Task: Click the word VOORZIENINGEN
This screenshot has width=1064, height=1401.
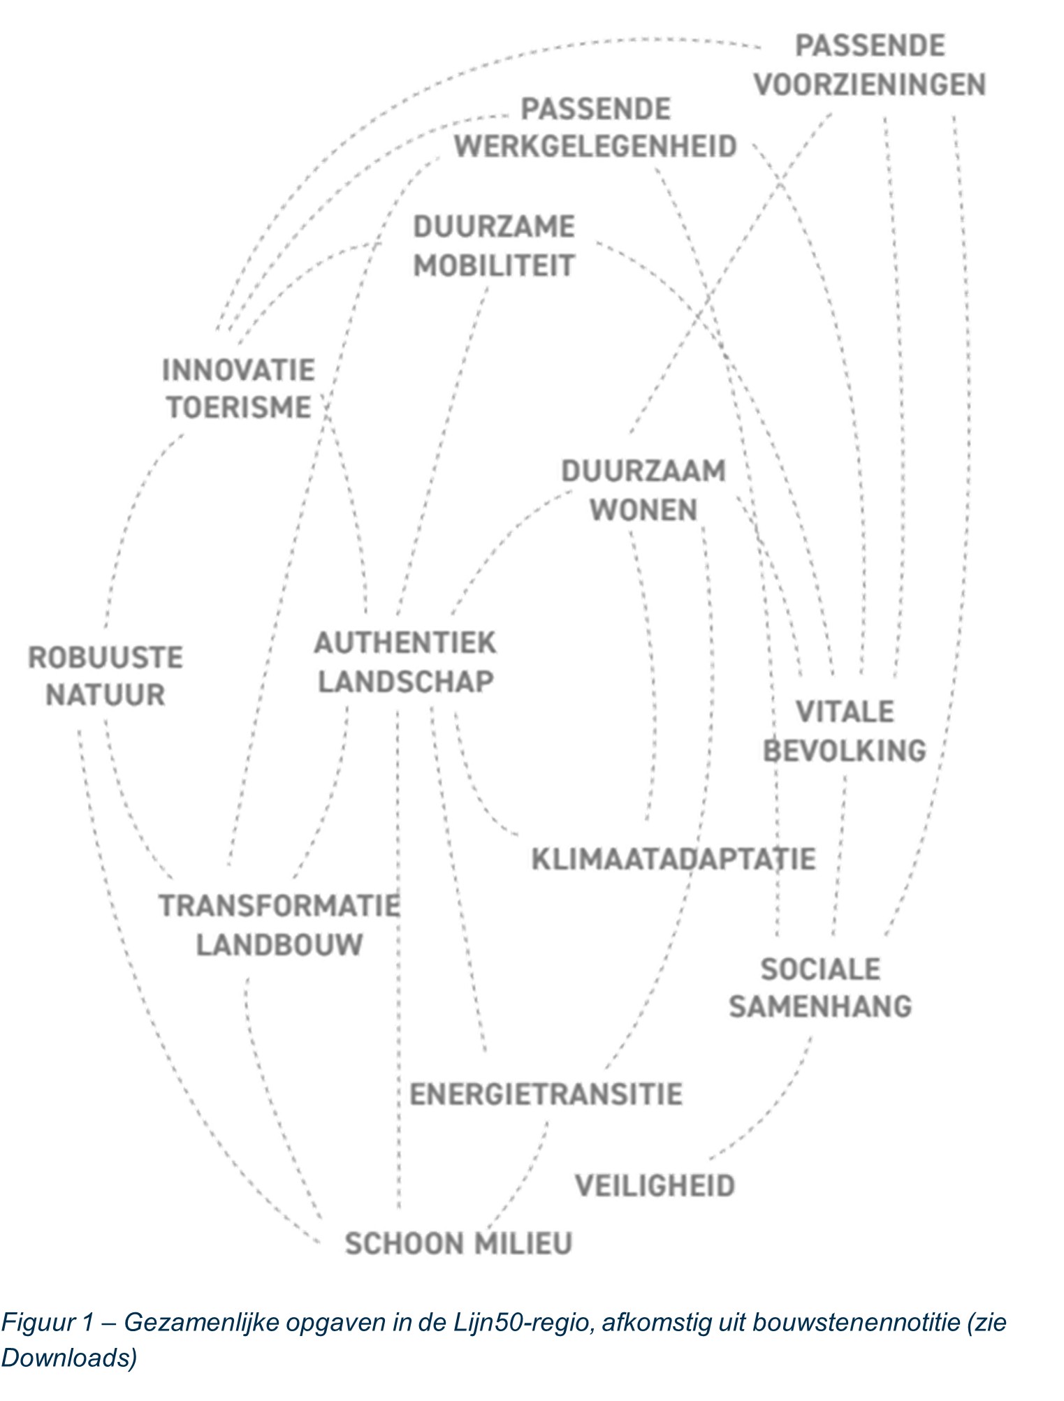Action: [870, 85]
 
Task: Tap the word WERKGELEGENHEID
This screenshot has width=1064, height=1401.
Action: [596, 147]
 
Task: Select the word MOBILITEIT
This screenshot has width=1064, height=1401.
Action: [494, 266]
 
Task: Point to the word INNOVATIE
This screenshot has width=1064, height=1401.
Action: [239, 370]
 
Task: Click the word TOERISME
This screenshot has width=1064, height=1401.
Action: [239, 408]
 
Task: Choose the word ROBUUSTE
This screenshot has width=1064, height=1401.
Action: [105, 658]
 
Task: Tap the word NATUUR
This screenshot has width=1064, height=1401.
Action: [105, 696]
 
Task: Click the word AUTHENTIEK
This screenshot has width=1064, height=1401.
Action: [405, 643]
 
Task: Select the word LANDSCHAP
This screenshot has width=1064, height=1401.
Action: [406, 682]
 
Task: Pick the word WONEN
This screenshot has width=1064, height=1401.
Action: [643, 511]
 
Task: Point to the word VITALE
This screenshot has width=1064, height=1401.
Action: [845, 712]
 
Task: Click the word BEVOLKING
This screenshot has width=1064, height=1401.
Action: [845, 751]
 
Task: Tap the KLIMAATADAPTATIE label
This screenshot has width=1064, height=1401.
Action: [673, 859]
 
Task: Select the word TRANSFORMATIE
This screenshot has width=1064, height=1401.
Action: [279, 907]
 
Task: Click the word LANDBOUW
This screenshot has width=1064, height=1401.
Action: [279, 945]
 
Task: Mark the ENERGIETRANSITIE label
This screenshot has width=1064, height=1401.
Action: [546, 1094]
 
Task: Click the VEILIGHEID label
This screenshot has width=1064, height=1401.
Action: [655, 1186]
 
